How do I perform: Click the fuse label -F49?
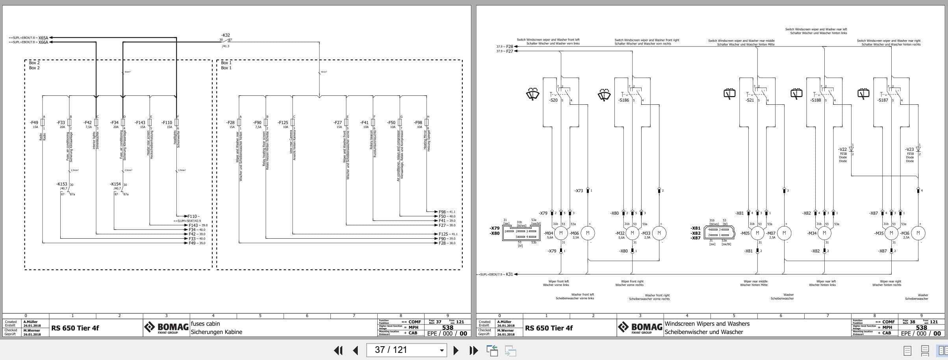(34, 122)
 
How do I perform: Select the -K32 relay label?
(225, 35)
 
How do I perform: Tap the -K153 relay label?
(62, 184)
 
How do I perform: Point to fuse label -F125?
(283, 122)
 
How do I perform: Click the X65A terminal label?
(43, 38)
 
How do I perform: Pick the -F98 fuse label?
(418, 122)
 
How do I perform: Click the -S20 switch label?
(553, 100)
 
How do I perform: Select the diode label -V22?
(842, 149)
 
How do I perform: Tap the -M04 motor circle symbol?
(560, 233)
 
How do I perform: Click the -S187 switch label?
(883, 100)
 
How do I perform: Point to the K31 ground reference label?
(509, 274)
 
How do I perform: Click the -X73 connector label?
(579, 191)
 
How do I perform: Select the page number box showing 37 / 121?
(406, 350)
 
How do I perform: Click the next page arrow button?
(456, 350)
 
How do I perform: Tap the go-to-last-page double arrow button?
(473, 350)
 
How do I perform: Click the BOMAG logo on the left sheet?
(166, 327)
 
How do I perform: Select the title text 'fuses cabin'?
(205, 324)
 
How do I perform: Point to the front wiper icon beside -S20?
(532, 95)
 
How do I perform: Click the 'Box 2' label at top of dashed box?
(34, 63)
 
